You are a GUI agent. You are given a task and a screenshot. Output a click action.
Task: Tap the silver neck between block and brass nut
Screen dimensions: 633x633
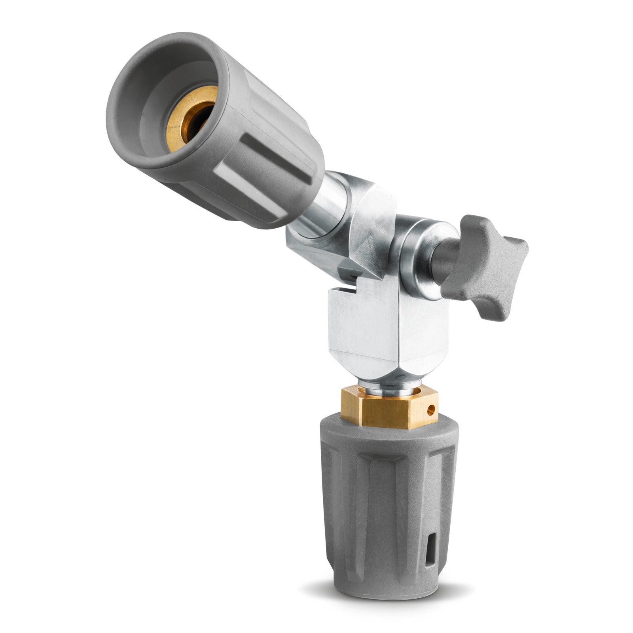click(390, 386)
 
